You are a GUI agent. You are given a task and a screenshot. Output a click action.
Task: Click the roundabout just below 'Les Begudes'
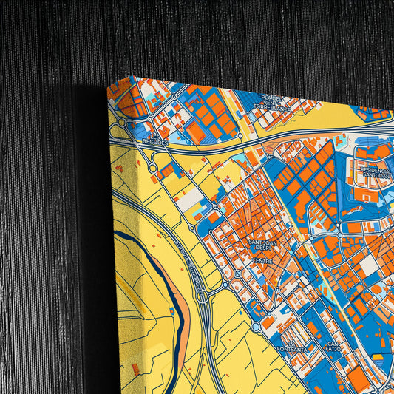[153, 169]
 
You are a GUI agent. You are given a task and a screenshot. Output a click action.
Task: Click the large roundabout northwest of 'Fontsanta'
[256, 326]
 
